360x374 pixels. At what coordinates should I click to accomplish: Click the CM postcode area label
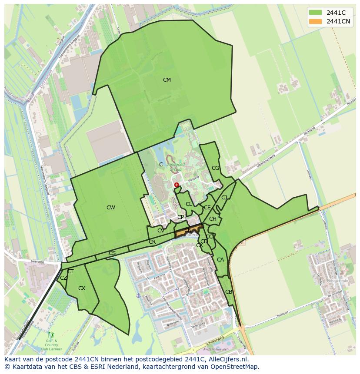167,80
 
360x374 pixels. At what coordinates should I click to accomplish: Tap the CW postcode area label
111,208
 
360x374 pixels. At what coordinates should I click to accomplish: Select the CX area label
82,288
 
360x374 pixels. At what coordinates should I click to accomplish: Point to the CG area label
216,168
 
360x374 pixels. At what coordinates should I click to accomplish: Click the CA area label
220,260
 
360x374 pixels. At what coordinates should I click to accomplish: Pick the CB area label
229,292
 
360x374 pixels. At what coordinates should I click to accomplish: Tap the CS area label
112,253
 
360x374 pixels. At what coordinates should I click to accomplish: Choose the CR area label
152,242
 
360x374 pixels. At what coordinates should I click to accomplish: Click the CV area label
161,231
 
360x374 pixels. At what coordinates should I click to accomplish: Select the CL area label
189,204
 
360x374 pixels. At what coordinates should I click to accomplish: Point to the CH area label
213,219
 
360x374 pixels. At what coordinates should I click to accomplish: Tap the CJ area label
224,198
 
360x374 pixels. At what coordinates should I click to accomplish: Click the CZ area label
63,278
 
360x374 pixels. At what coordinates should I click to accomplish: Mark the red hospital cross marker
177,185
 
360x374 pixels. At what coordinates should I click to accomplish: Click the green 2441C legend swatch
315,13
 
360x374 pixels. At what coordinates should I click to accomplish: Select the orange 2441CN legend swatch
315,21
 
